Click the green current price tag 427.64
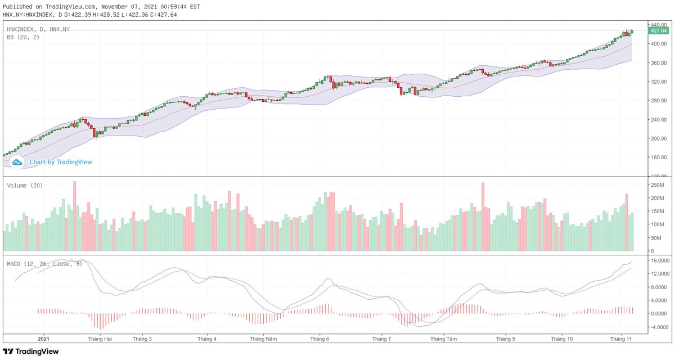coord(659,30)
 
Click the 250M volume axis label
coord(657,185)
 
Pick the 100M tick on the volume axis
coord(657,224)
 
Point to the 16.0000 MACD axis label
coord(659,261)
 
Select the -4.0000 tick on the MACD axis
coord(659,327)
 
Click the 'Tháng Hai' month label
coord(100,339)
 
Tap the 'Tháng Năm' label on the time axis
coord(263,339)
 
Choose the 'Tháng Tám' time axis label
coord(443,339)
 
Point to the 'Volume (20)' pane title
coord(25,186)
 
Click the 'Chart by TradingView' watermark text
coord(61,162)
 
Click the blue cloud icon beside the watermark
coord(17,162)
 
